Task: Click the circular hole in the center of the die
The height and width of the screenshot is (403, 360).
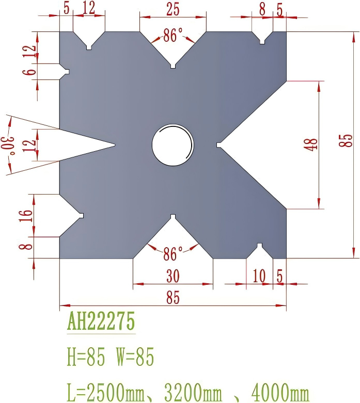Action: (173, 145)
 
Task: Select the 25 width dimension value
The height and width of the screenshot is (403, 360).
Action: (173, 9)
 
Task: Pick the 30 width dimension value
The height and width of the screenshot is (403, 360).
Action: (173, 277)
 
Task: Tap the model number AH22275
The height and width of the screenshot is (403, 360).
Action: (101, 322)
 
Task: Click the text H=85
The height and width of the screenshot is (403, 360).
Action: (86, 357)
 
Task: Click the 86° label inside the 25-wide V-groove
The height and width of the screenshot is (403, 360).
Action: (173, 36)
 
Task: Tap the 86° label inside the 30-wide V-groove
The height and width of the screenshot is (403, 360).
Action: (173, 254)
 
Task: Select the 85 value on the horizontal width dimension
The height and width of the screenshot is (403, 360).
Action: (173, 298)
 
